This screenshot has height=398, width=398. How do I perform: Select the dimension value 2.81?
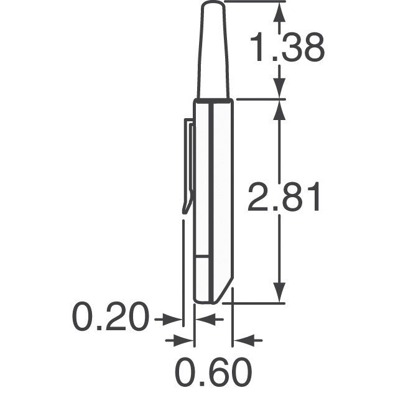coord(284,197)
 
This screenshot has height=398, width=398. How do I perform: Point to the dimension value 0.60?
coord(213,372)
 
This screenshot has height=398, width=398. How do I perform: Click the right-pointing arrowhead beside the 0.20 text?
coord(177,320)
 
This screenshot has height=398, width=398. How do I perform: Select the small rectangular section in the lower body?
coord(203,277)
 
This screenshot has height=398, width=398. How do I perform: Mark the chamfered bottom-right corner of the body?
coord(225,292)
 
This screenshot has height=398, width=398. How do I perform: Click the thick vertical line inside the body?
coord(212,199)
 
